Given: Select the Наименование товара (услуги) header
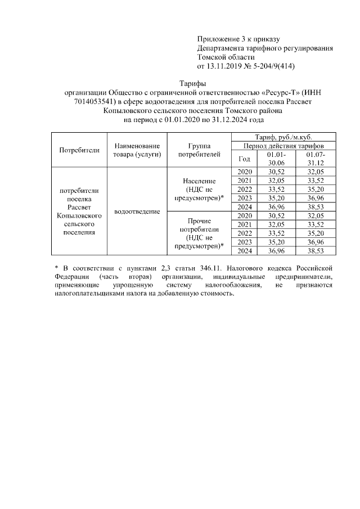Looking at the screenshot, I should click(x=137, y=150).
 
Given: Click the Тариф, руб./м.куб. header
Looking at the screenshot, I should click(x=283, y=138).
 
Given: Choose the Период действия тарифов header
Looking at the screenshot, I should click(x=283, y=146).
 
